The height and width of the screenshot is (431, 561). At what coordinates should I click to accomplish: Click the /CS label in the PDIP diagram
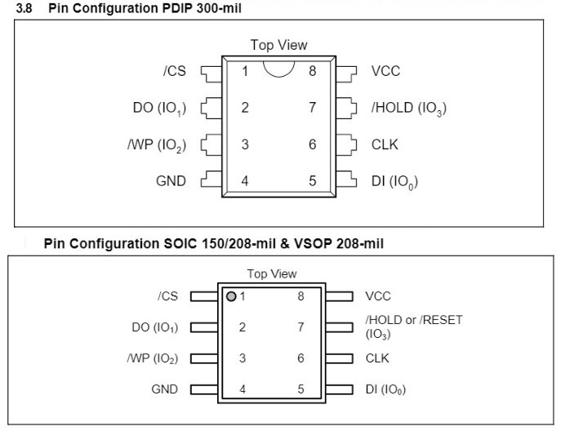pos(174,71)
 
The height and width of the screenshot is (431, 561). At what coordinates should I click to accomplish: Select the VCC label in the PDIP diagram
pos(385,71)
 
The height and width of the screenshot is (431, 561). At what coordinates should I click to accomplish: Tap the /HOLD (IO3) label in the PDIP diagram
pos(408,109)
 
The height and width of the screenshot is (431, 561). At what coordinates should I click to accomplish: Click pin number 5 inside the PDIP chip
pos(312,181)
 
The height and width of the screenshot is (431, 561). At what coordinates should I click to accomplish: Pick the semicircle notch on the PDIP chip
pos(278,68)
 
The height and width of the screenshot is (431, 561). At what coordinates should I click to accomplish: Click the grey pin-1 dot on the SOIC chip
pos(232,296)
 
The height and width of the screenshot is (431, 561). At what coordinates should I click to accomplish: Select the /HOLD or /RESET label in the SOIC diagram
pos(413,320)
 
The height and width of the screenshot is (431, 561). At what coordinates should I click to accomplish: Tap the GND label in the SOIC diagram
pos(164,389)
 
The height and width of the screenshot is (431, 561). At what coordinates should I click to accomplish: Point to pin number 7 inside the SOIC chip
pos(301,327)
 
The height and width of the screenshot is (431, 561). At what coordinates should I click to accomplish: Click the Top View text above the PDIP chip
pos(274,46)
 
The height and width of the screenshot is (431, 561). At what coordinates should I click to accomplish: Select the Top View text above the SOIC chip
pos(272,273)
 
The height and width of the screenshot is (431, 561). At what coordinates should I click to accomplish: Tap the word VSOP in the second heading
pos(300,243)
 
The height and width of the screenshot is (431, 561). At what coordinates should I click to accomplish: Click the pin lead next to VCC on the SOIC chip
pos(339,296)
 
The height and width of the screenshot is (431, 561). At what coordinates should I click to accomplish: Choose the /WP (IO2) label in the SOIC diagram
pos(153,358)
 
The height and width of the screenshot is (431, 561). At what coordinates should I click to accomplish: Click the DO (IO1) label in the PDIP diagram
pos(158,109)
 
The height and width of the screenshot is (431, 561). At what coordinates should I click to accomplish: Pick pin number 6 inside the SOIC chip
pos(301,358)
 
